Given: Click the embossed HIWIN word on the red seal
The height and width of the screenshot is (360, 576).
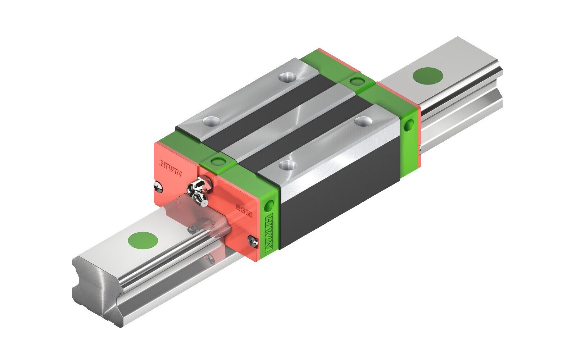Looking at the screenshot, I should [x=171, y=168].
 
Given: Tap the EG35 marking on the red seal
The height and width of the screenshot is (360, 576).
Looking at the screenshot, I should [x=244, y=210].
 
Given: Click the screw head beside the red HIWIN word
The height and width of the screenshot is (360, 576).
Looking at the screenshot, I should [x=158, y=186].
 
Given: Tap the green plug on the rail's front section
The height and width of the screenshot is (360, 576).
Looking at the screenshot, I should [x=143, y=240].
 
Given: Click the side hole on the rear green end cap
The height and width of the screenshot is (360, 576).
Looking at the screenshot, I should [x=408, y=126].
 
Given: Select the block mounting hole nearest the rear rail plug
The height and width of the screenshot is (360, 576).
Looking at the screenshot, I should [x=362, y=121].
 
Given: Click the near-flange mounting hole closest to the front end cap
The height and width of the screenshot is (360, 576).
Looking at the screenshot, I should [x=287, y=165].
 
